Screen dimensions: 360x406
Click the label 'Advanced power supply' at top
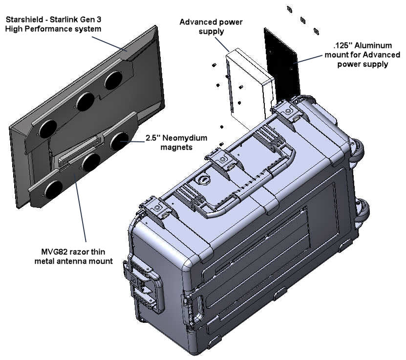pos(211,26)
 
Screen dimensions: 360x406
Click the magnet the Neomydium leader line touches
pos(119,141)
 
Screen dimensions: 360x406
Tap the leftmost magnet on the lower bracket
pos(54,189)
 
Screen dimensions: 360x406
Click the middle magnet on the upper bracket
pos(85,101)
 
